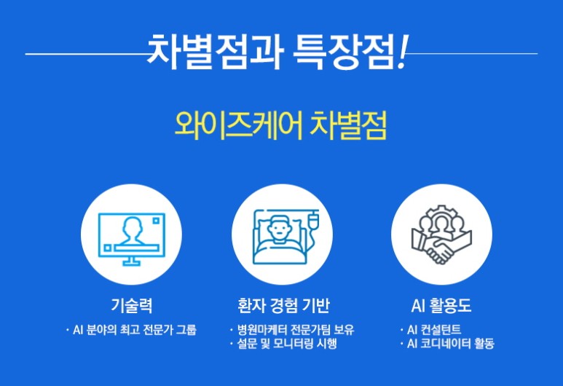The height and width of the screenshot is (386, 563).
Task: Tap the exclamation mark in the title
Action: click(x=402, y=52)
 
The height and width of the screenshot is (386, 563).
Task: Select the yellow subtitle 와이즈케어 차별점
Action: click(x=281, y=125)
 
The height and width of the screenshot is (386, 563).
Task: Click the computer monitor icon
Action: click(x=132, y=239)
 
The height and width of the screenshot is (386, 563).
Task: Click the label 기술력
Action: click(x=132, y=306)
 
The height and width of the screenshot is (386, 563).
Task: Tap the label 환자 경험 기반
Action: click(x=283, y=306)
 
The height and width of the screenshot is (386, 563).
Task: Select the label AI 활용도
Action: click(x=441, y=306)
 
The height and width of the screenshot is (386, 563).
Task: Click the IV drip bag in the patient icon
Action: click(x=313, y=220)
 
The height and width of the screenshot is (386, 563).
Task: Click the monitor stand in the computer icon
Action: click(x=131, y=261)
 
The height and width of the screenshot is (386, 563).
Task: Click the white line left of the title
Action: click(x=86, y=54)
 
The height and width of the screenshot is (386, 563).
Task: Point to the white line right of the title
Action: click(x=473, y=54)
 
